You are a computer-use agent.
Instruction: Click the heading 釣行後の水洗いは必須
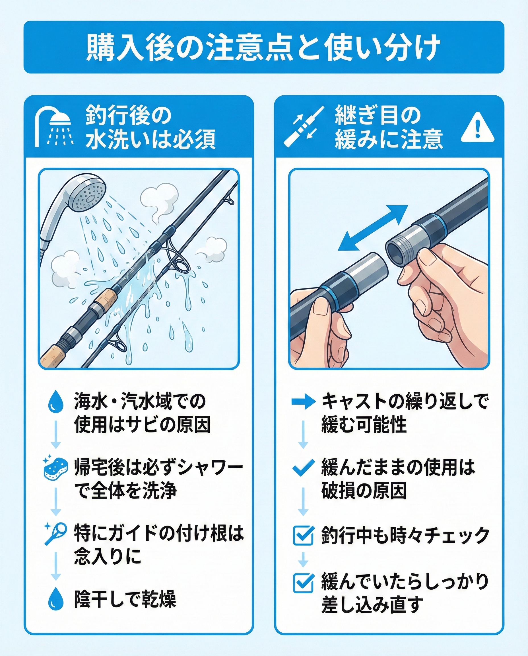(150, 127)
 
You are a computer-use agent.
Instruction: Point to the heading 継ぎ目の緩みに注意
(388, 127)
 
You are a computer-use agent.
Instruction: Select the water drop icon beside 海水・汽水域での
(56, 401)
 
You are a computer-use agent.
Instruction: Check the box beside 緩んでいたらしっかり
(303, 583)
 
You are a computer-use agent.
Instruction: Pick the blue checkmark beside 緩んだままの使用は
(303, 468)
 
